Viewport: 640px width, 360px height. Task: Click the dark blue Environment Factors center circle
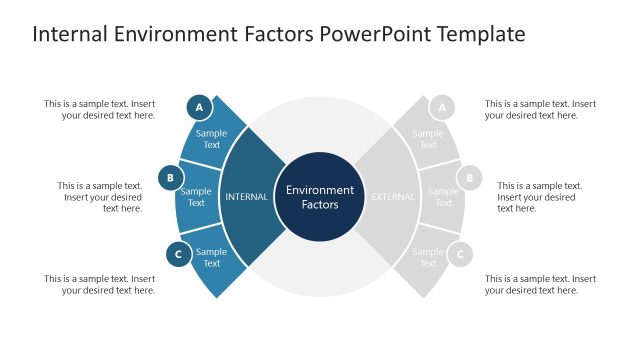click(320, 196)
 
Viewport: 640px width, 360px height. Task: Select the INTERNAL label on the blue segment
click(246, 197)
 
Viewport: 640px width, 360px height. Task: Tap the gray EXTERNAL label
click(393, 197)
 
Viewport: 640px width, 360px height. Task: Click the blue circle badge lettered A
click(199, 107)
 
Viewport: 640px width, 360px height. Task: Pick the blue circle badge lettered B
click(171, 179)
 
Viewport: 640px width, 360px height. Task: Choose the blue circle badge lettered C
click(178, 254)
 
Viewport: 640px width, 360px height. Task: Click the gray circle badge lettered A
click(441, 107)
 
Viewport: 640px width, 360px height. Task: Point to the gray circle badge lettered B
click(469, 179)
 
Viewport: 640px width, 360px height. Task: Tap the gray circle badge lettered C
click(460, 254)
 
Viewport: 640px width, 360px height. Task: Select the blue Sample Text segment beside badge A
click(212, 139)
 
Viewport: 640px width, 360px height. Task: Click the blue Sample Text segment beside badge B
click(196, 197)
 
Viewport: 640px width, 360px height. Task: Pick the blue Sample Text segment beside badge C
click(212, 258)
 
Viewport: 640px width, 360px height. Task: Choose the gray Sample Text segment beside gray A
click(428, 139)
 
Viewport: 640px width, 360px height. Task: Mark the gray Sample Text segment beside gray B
click(443, 197)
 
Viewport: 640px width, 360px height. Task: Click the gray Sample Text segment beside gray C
click(428, 258)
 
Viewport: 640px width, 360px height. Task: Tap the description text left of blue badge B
click(100, 197)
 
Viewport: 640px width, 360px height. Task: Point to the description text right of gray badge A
click(540, 109)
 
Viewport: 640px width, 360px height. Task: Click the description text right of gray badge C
click(540, 284)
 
